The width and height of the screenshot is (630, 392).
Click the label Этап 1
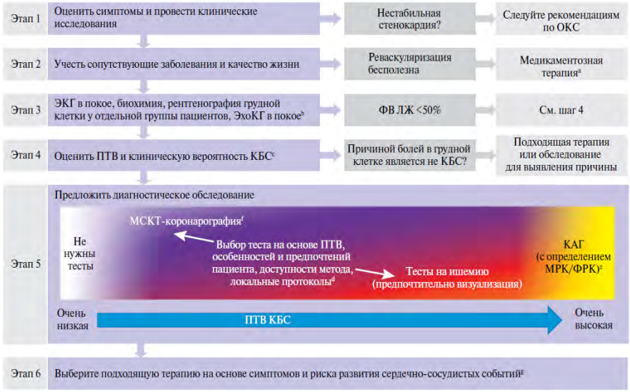click(26, 19)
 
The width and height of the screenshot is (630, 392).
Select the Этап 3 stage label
click(26, 110)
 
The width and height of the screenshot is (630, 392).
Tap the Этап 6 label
click(26, 373)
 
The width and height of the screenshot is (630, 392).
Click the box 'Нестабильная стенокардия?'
click(410, 19)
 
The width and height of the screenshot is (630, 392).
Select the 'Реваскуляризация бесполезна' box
click(410, 64)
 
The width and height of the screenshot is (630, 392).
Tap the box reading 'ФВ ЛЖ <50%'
click(410, 110)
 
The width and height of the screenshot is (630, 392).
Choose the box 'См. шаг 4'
click(561, 110)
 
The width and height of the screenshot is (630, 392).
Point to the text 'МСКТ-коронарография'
click(186, 221)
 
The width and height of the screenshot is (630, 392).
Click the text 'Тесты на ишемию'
click(447, 271)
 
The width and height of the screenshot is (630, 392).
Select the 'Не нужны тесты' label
click(80, 254)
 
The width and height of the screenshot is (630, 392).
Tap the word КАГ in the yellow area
click(574, 244)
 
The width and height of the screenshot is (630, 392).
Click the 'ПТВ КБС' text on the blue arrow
click(268, 320)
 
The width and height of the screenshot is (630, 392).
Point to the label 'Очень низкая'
click(72, 319)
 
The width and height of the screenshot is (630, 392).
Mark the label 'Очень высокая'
click(594, 319)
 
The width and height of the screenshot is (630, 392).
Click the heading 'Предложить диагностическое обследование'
click(154, 195)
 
